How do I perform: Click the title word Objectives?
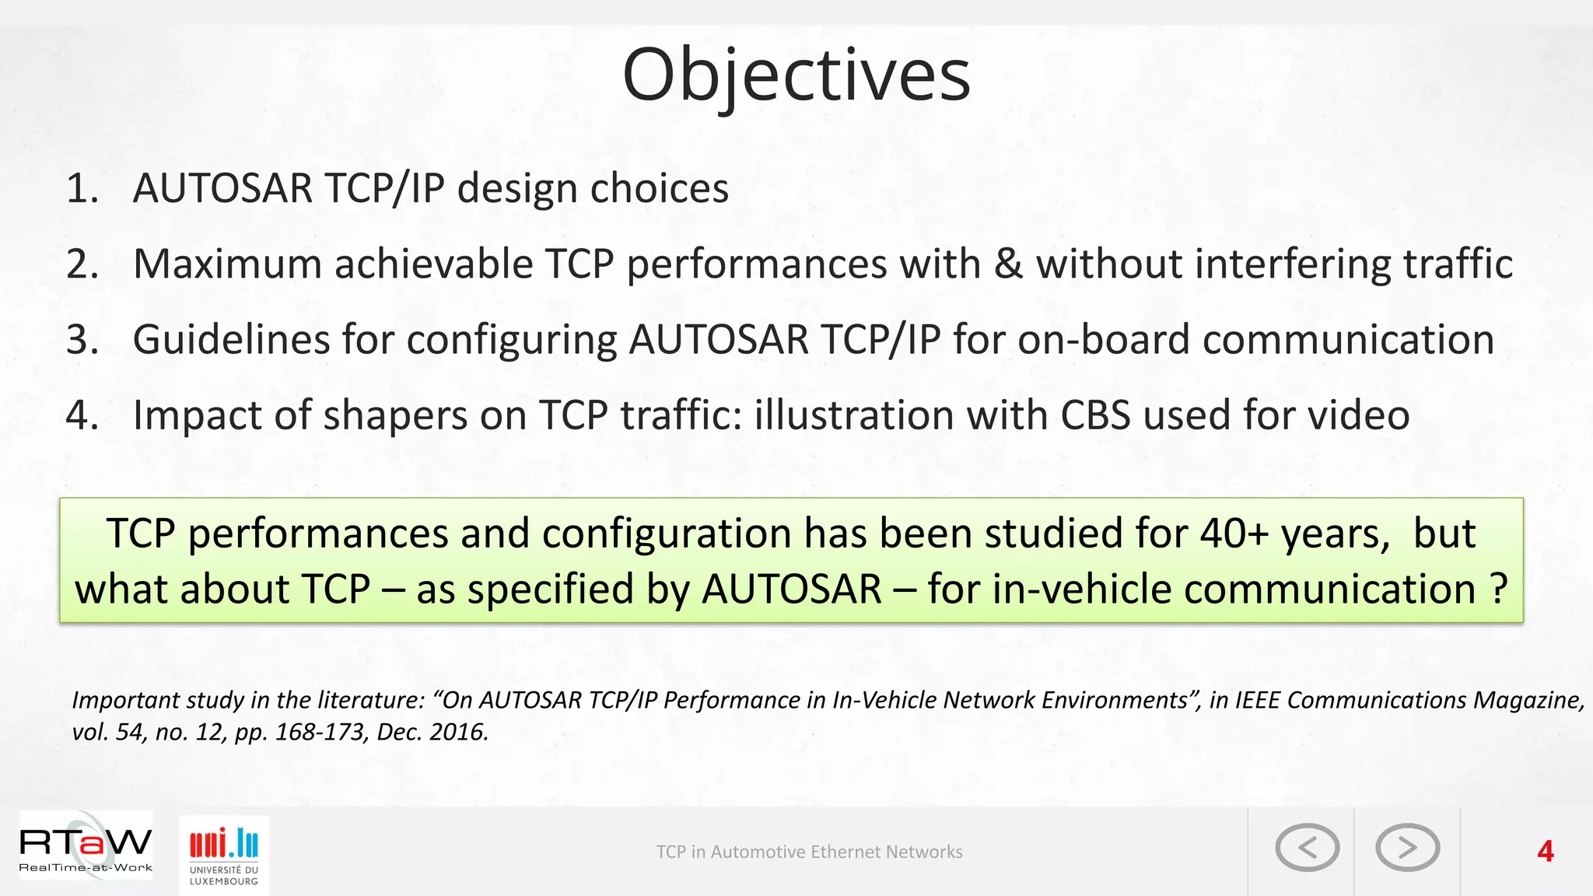(796, 75)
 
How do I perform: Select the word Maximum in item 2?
(227, 264)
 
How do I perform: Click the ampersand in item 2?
(1008, 264)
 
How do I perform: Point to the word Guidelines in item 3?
(231, 340)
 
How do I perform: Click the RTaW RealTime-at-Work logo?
(86, 848)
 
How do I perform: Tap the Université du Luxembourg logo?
(224, 854)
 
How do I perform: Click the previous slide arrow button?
(1307, 848)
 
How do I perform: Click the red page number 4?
(1545, 852)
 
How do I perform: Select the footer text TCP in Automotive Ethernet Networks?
(809, 852)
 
